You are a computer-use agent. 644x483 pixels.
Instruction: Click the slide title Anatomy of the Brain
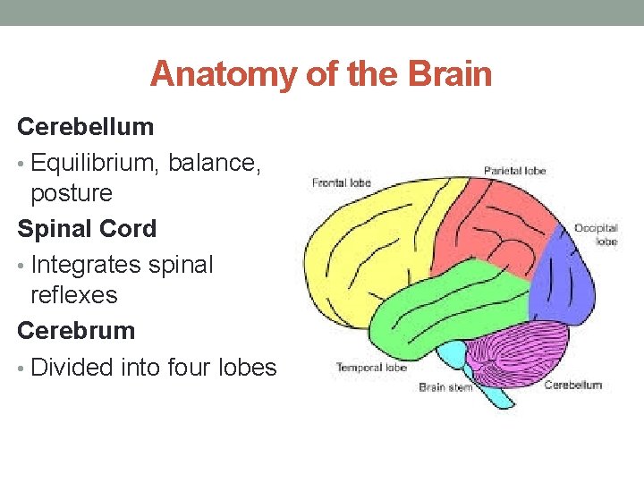pyautogui.click(x=321, y=74)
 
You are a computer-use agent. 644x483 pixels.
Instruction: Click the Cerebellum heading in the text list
pyautogui.click(x=86, y=127)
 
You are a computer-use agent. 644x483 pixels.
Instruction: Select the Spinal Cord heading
pyautogui.click(x=87, y=229)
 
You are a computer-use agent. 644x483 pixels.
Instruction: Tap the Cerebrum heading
pyautogui.click(x=76, y=331)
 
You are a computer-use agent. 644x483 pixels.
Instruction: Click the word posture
pyautogui.click(x=72, y=193)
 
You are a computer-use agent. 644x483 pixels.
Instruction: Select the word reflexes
pyautogui.click(x=74, y=295)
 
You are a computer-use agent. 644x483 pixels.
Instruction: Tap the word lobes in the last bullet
pyautogui.click(x=243, y=368)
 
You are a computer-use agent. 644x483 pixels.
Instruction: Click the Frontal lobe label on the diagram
pyautogui.click(x=341, y=183)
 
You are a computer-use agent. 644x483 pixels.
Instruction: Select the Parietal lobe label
pyautogui.click(x=514, y=170)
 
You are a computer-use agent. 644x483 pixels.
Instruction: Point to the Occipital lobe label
pyautogui.click(x=596, y=234)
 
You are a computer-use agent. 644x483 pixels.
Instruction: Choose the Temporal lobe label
pyautogui.click(x=371, y=368)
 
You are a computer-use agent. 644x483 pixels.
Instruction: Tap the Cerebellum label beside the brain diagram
pyautogui.click(x=573, y=386)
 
